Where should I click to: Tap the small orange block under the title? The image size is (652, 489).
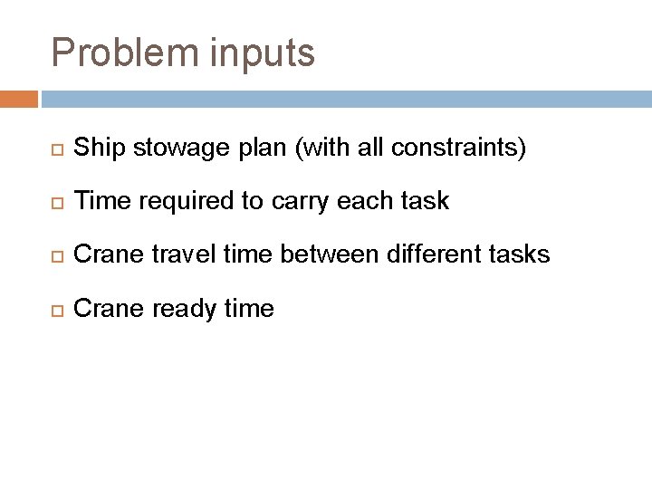(x=19, y=99)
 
